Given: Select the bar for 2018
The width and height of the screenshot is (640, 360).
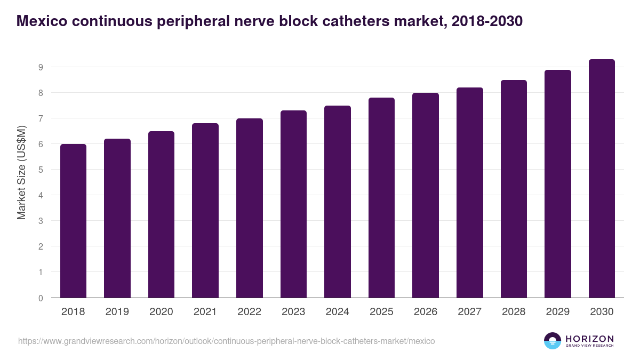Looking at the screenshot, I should pos(73,221).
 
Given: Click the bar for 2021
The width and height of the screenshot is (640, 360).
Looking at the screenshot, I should pos(205,211).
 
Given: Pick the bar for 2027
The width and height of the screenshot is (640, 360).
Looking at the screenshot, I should pos(470,193).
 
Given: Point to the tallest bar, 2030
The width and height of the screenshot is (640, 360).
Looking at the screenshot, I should pos(602,179).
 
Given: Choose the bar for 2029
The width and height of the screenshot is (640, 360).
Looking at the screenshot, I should pos(558,184).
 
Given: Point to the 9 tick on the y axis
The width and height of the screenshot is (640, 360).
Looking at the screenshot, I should pos(40,67).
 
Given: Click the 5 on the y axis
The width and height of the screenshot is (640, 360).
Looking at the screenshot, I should pos(40,170).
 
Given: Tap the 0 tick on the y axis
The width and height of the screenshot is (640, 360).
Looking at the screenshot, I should pos(40,298).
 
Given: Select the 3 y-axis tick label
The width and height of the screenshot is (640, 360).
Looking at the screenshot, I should pos(40,221).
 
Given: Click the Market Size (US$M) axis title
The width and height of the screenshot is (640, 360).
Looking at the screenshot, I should pos(21,172).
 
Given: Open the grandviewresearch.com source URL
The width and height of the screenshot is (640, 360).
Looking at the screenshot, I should pos(227,341).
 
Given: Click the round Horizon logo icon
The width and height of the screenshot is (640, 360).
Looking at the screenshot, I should pos(553,341).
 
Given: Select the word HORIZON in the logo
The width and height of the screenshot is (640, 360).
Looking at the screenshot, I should pos(589,338).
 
